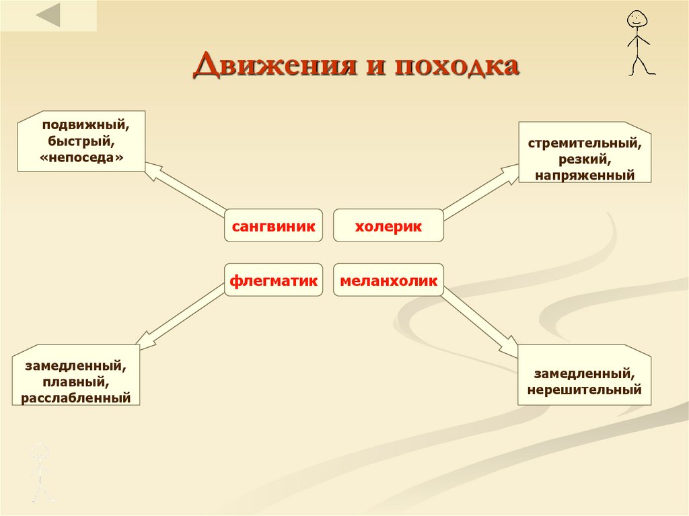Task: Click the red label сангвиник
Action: coord(273,226)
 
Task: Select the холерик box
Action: coord(388,226)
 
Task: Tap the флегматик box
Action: coord(273,280)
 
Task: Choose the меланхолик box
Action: coord(388,280)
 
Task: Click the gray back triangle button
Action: coord(48,15)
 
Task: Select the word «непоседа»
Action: coord(83,156)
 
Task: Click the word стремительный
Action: coord(584,144)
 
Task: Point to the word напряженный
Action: coord(585,175)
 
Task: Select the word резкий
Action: coord(584,159)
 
